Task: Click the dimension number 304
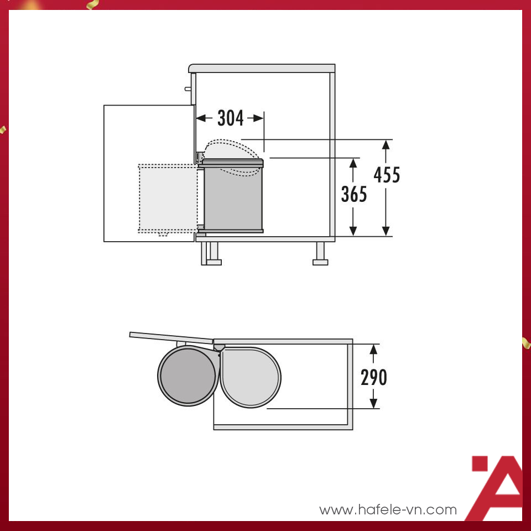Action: pos(230,118)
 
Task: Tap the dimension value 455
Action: pos(387,175)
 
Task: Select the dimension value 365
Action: pos(354,194)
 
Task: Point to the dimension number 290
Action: pos(374,377)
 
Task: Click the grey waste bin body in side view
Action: pos(233,199)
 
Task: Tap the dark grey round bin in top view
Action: pos(188,376)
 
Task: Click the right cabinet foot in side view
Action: pos(320,256)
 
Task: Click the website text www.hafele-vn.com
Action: pos(388,509)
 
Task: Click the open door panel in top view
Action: pos(171,337)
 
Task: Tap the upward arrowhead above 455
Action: pos(386,145)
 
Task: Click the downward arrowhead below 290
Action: pos(374,403)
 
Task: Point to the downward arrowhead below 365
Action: pos(353,230)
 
